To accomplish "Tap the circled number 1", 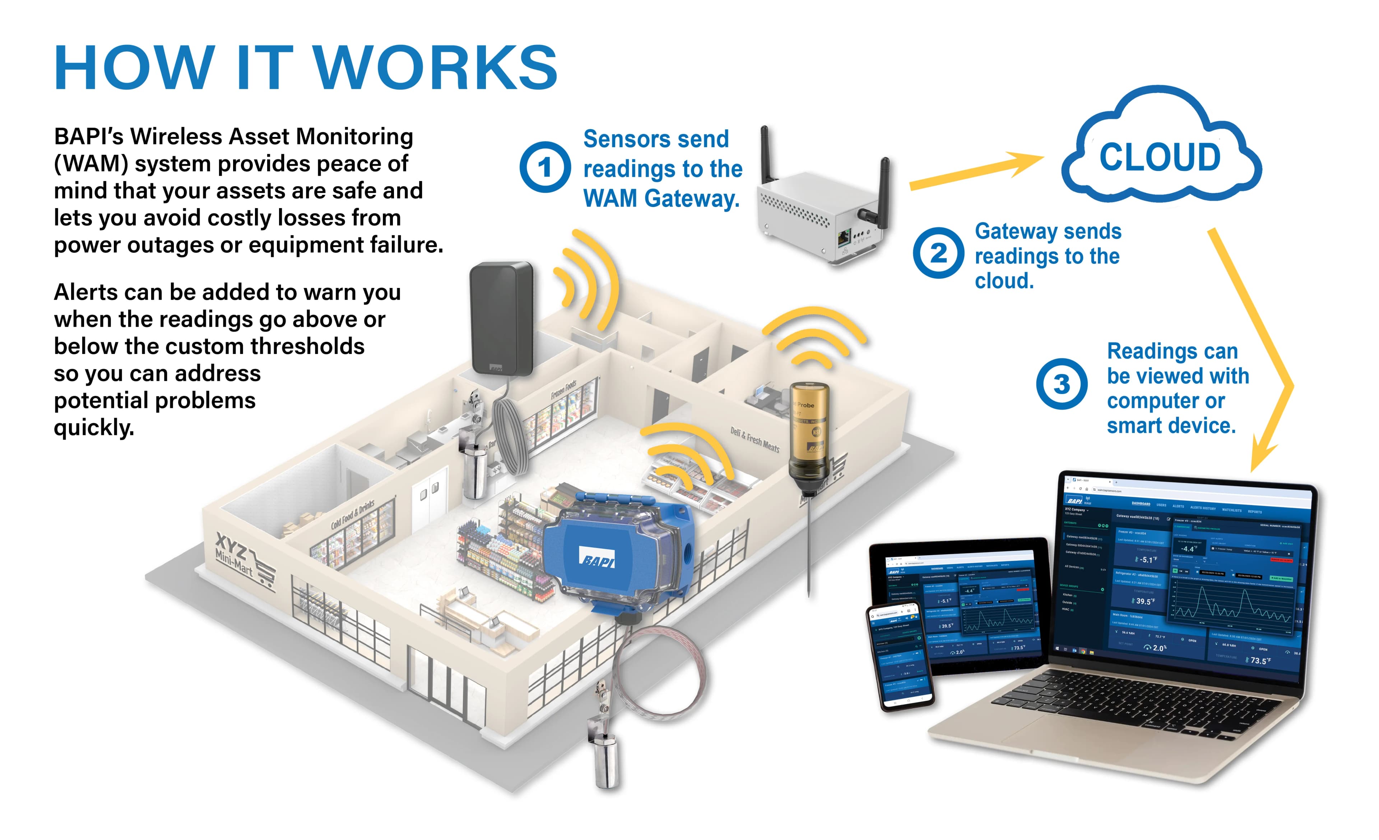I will tap(544, 167).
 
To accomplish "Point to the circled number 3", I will tap(1061, 384).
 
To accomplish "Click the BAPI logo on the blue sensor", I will tap(597, 558).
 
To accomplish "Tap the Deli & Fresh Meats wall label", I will tap(754, 439).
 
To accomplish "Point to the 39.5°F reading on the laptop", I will tap(1143, 601).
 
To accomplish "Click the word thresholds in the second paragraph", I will tap(307, 346).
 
